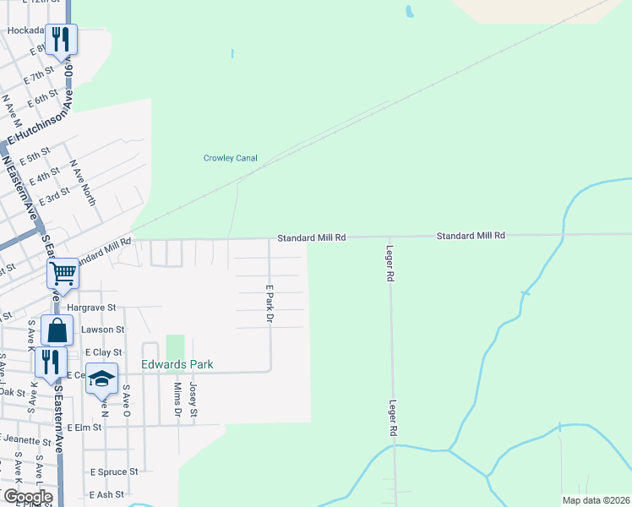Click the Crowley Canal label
click(230, 158)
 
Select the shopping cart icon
click(63, 274)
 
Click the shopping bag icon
click(57, 330)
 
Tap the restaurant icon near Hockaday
click(61, 39)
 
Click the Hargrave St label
click(91, 308)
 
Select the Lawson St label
click(102, 330)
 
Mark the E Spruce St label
click(113, 472)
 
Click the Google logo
click(28, 497)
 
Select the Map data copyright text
click(596, 500)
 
